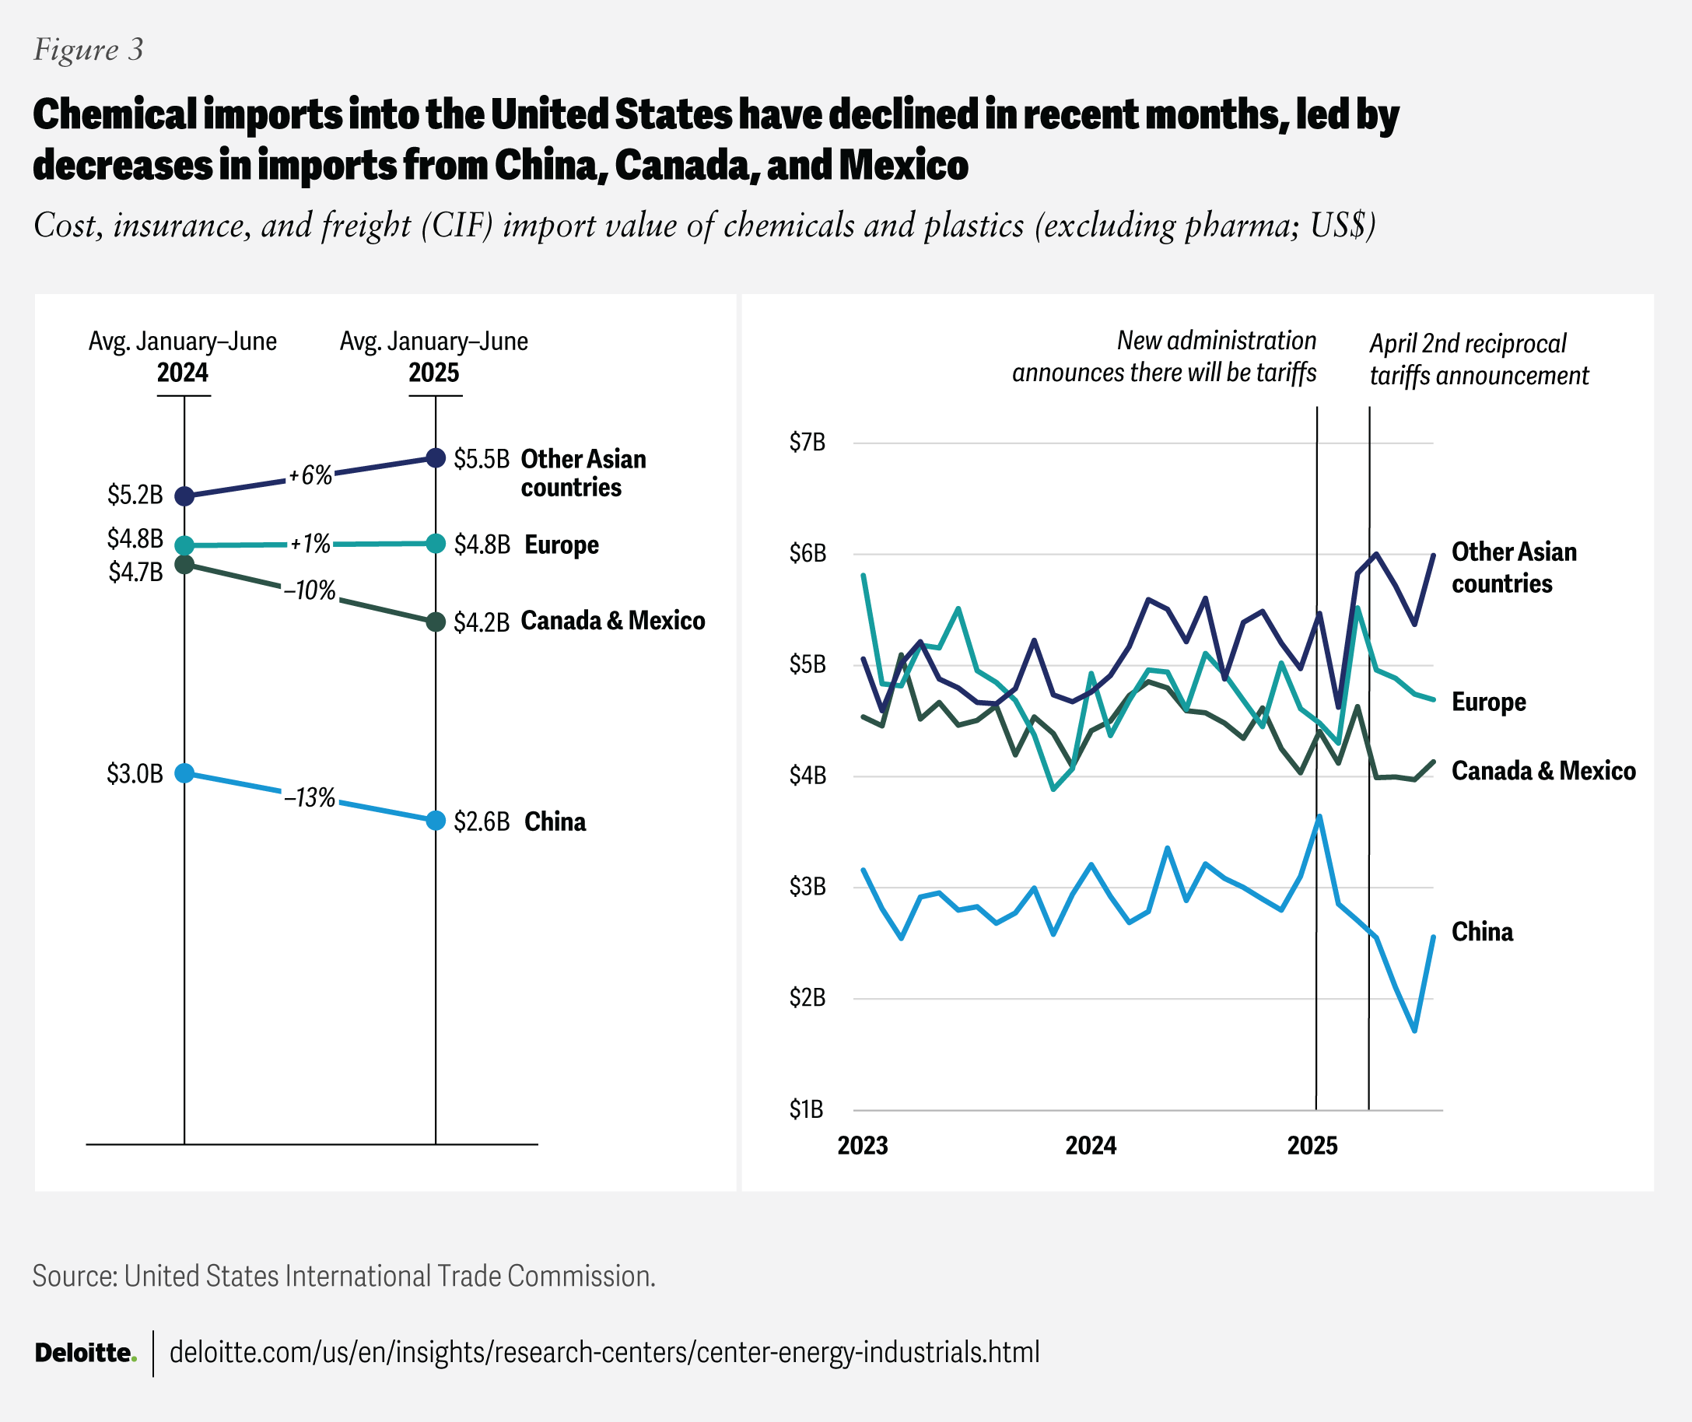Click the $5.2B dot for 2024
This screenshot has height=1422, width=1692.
click(x=184, y=496)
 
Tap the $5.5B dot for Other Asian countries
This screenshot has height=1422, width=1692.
click(x=436, y=458)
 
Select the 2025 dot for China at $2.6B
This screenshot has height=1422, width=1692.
click(x=436, y=821)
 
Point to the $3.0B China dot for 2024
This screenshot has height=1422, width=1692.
click(x=184, y=773)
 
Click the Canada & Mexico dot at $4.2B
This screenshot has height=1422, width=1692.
click(x=436, y=622)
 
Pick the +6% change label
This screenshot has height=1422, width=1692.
click(x=310, y=475)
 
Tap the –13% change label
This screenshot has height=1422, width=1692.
click(x=310, y=797)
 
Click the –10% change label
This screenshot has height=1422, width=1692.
click(x=310, y=590)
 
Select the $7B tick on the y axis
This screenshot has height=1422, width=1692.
click(x=807, y=443)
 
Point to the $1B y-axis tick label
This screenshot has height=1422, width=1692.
click(x=807, y=1110)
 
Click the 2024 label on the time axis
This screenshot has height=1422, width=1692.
click(x=1091, y=1146)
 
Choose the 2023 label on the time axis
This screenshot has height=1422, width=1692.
click(x=863, y=1146)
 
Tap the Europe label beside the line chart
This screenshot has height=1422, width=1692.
click(x=1488, y=702)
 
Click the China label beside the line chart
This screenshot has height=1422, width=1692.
click(x=1482, y=932)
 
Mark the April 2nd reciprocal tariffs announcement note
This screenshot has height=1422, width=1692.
click(x=1478, y=359)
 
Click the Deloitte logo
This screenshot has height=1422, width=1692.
click(x=86, y=1353)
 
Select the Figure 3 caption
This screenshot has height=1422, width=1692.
click(x=88, y=50)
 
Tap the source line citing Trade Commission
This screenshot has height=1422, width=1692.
click(x=343, y=1276)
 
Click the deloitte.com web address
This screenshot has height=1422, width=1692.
click(x=604, y=1352)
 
